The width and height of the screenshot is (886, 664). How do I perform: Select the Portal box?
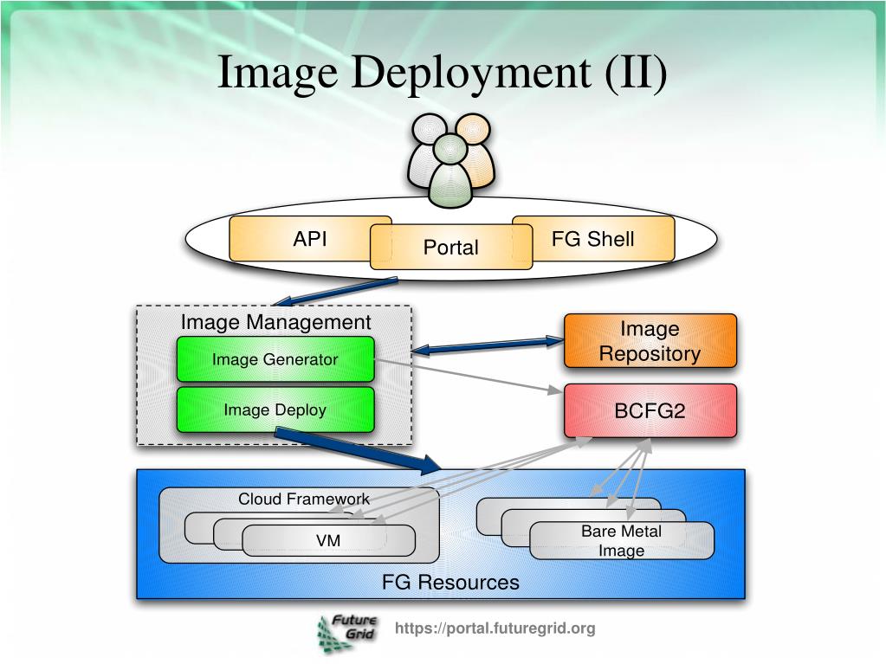[450, 247]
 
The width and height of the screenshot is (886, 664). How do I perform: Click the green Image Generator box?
[275, 359]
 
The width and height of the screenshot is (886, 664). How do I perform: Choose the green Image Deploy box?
[275, 409]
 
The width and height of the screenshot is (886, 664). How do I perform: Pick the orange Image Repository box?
[650, 341]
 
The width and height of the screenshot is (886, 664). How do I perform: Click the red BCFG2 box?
[650, 410]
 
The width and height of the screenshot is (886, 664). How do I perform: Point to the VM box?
[328, 541]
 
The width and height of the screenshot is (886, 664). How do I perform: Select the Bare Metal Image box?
[621, 541]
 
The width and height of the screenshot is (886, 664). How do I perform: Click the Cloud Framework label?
[304, 500]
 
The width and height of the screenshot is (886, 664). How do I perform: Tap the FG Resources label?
[450, 582]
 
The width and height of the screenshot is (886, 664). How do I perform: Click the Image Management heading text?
[275, 323]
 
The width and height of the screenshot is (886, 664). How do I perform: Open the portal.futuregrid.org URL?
[495, 629]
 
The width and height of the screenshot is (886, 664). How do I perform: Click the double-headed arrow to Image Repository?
[487, 346]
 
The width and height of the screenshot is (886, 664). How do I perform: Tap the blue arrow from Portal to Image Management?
[333, 291]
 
